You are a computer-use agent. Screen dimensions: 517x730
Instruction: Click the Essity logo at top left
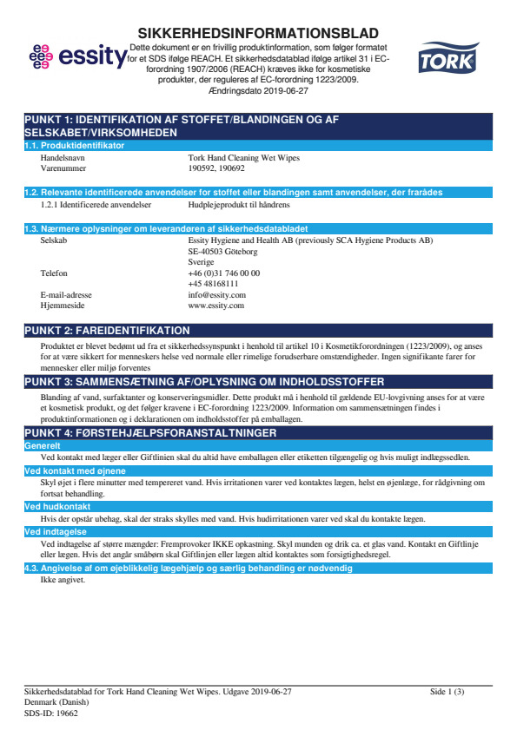point(76,57)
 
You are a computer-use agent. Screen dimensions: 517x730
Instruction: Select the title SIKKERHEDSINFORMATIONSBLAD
point(257,30)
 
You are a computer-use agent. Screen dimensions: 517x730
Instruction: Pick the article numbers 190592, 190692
point(214,169)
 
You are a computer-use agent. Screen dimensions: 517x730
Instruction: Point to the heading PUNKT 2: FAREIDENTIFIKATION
point(107,331)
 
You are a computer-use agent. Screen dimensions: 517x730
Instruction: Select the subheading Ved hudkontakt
point(57,505)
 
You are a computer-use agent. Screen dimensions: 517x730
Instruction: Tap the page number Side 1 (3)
point(447,691)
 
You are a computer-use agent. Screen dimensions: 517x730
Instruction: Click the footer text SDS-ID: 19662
point(51,712)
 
